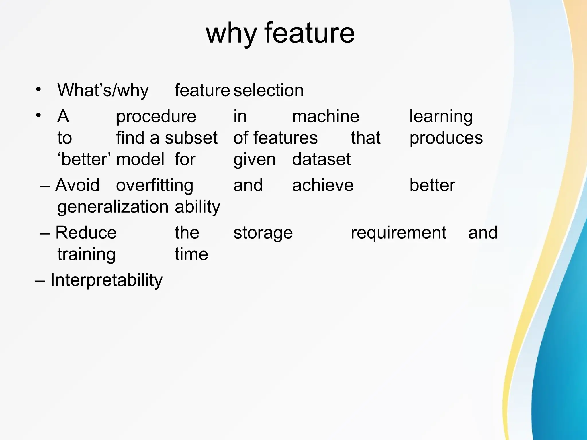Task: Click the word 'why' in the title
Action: point(231,34)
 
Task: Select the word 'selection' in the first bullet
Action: point(269,90)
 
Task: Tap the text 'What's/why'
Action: point(103,91)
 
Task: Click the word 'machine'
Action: point(326,116)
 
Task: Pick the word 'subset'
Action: point(191,138)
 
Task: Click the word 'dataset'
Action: point(321,159)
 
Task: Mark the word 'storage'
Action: point(263,233)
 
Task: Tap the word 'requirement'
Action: point(398,233)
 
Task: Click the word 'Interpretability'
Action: point(106,280)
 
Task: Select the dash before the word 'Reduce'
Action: point(45,233)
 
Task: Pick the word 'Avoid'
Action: point(77,185)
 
